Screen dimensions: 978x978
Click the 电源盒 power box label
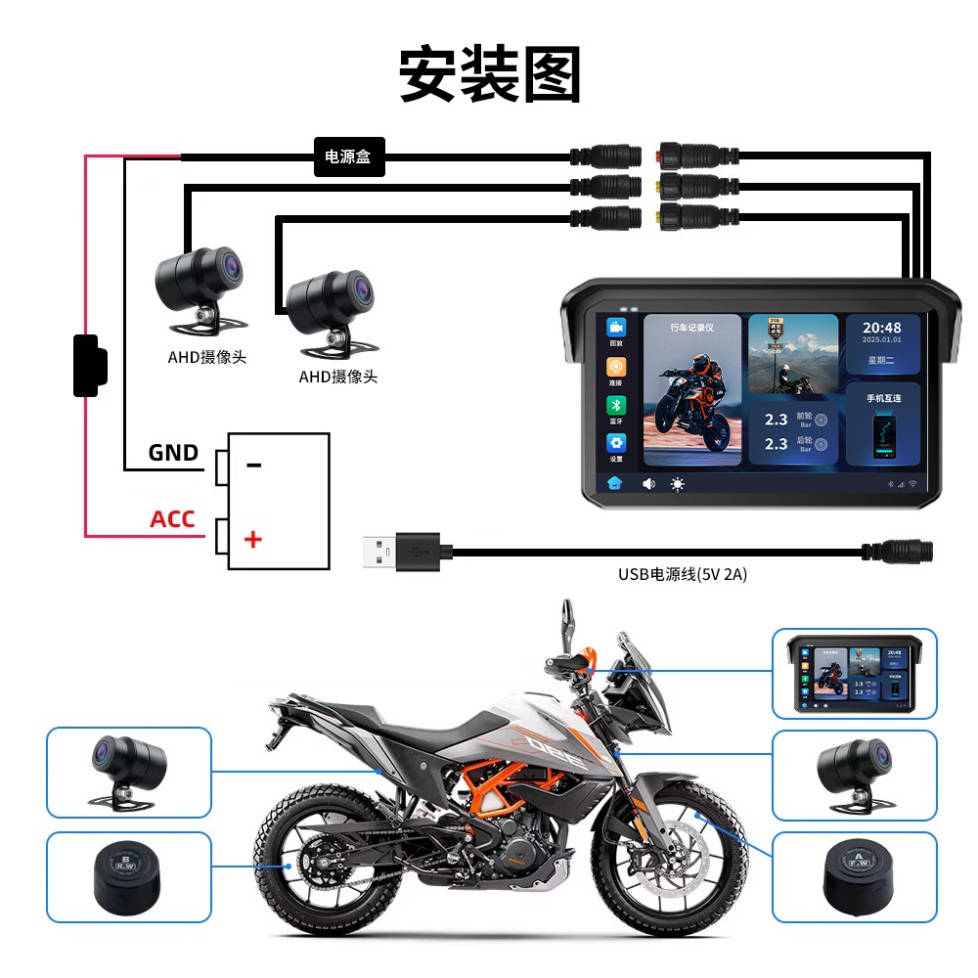pos(349,156)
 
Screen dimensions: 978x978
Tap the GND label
pos(173,453)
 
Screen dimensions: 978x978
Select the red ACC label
pos(172,518)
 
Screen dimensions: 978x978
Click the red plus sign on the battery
pos(253,538)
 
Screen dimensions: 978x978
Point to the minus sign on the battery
pos(254,465)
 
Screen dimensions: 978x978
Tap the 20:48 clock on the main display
pos(882,329)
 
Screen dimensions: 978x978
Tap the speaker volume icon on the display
pos(648,483)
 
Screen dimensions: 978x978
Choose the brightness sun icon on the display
pos(677,483)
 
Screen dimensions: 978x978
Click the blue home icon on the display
pos(616,483)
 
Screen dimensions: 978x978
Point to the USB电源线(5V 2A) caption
pos(682,574)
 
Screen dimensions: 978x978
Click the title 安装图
pos(489,75)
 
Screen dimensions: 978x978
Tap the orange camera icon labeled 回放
pos(616,328)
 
